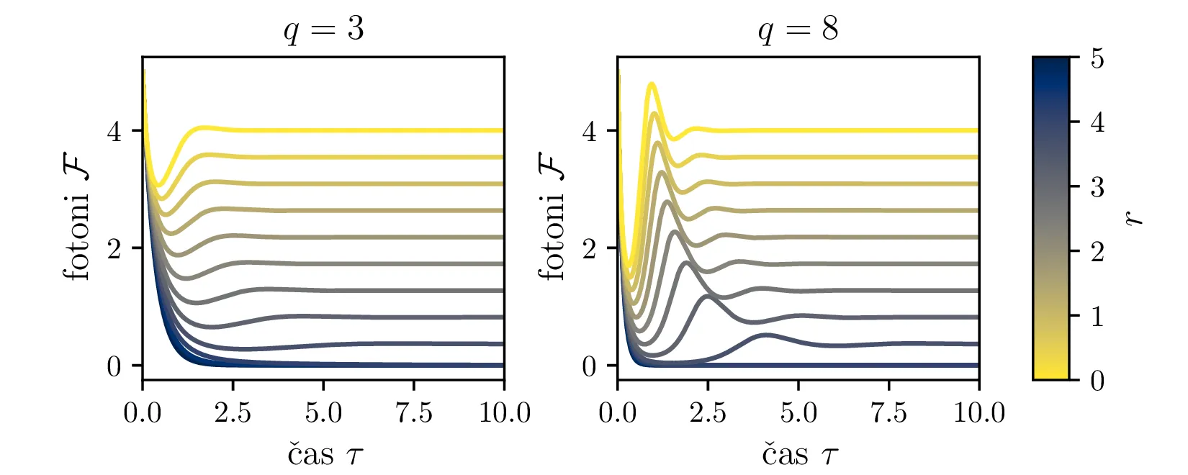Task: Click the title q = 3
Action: [x=323, y=30]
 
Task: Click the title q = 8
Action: [x=798, y=30]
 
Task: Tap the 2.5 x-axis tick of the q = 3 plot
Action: [x=233, y=413]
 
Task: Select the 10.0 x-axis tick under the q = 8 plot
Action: [x=978, y=413]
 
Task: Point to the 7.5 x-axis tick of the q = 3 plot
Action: [x=413, y=413]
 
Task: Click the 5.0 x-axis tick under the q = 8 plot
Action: [x=798, y=413]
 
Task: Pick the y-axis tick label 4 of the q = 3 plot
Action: [x=114, y=132]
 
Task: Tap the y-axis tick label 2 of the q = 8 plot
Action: [x=589, y=249]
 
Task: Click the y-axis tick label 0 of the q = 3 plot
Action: [x=114, y=367]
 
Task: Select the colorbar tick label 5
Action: [x=1097, y=59]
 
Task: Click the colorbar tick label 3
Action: [x=1097, y=188]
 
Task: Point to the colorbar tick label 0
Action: [x=1097, y=380]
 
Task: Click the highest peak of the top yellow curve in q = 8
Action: [x=652, y=85]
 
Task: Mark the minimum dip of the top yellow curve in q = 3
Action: [x=161, y=185]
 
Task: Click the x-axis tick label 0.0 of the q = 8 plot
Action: [x=617, y=413]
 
